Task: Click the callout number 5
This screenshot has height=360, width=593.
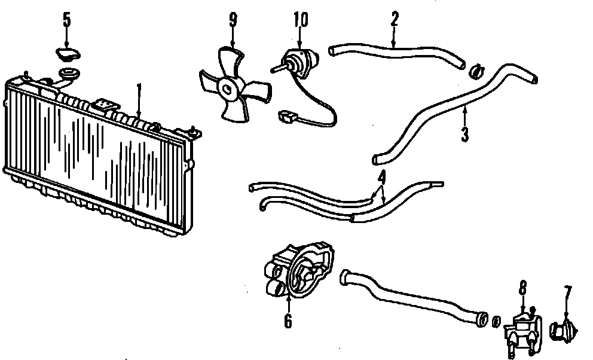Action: [66, 20]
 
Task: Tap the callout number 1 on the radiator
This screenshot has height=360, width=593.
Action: [139, 91]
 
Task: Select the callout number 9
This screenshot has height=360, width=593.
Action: [233, 20]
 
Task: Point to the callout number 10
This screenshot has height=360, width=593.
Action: [301, 20]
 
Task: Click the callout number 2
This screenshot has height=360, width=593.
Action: [395, 20]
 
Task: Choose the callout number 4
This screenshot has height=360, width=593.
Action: [381, 177]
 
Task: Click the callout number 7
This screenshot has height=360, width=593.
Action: [567, 292]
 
